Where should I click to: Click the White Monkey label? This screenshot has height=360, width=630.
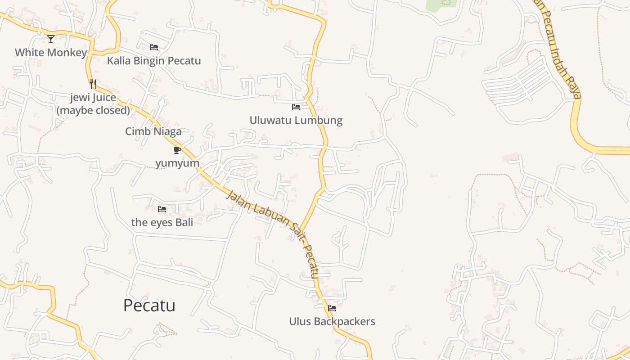(51, 53)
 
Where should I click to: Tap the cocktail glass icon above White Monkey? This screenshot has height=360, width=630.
(51, 39)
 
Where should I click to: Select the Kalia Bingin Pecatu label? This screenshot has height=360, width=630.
(154, 61)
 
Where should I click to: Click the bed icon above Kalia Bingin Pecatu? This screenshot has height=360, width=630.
(154, 47)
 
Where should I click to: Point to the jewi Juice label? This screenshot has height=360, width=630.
(93, 98)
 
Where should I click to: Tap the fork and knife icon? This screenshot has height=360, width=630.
(93, 84)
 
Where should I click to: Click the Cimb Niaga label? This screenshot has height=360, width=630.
(153, 131)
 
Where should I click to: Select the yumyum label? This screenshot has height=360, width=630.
(177, 163)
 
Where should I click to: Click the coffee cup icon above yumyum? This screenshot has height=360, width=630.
(177, 150)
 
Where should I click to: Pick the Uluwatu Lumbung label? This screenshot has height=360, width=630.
(296, 121)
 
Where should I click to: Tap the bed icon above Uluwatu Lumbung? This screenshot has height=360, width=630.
(296, 107)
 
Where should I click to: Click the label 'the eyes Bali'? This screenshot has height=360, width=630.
(162, 222)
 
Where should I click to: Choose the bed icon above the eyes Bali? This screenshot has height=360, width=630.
(162, 209)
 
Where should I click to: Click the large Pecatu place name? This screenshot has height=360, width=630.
(149, 306)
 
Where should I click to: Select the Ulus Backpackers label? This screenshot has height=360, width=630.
(332, 321)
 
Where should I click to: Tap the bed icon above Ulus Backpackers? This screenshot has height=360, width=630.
(332, 308)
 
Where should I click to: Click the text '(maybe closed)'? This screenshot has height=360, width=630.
(93, 110)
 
